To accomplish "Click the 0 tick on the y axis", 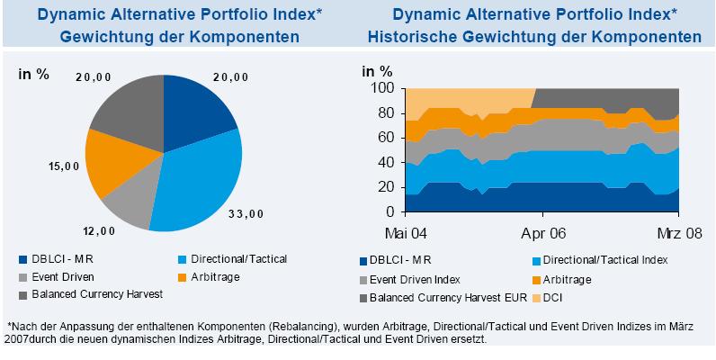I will [389, 212].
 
